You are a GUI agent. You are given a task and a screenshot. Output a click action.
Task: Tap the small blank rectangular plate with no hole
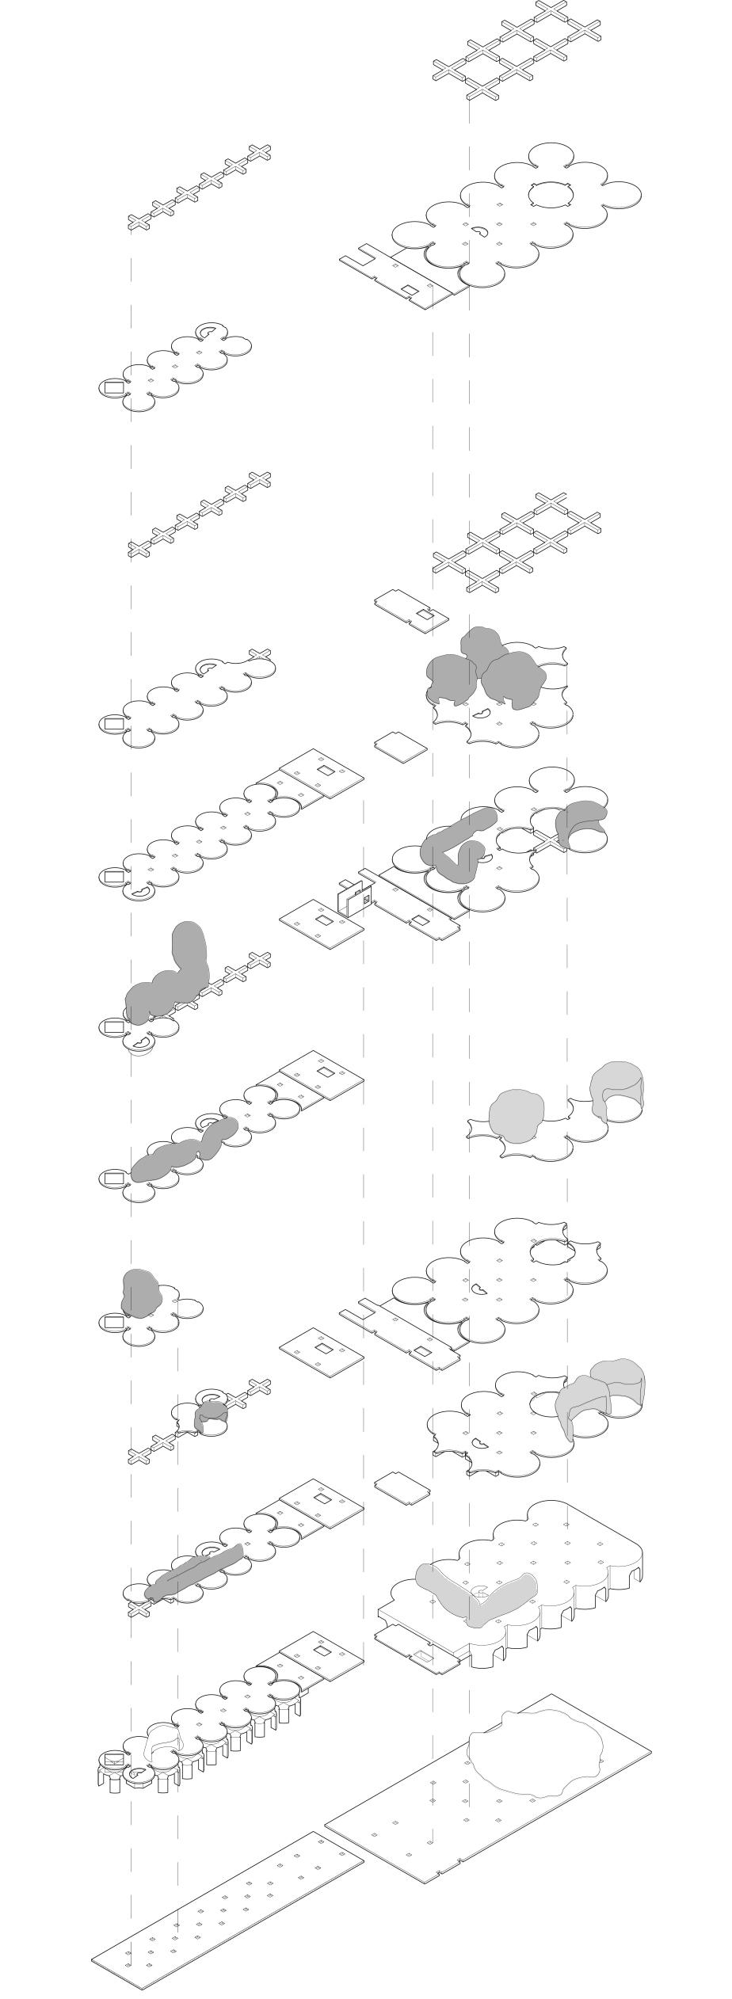[x=402, y=745]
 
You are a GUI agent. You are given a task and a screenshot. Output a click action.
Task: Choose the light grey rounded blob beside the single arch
[x=517, y=1115]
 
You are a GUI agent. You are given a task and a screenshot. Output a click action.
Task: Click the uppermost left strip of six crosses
[x=200, y=188]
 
